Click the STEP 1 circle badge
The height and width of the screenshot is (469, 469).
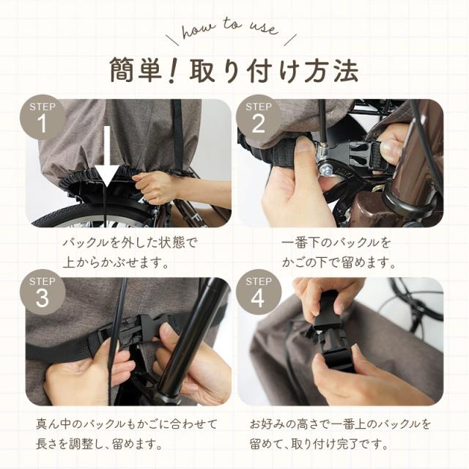coord(43,117)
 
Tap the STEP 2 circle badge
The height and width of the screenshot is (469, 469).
coord(259,117)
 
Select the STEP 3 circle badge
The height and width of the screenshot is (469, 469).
coord(43,292)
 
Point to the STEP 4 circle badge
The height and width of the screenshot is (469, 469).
coord(259,292)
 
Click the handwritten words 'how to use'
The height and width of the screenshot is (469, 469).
coord(229,29)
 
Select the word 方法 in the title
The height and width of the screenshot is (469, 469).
coord(331,70)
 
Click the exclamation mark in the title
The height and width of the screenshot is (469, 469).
coord(174,70)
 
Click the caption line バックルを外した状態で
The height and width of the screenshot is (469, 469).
coord(130,243)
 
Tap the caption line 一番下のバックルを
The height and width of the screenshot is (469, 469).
coord(336,243)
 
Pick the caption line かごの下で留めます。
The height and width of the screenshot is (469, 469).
coord(339,262)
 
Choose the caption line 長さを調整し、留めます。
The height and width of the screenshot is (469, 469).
coord(99,443)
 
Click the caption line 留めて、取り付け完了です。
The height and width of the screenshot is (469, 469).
coord(319,443)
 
